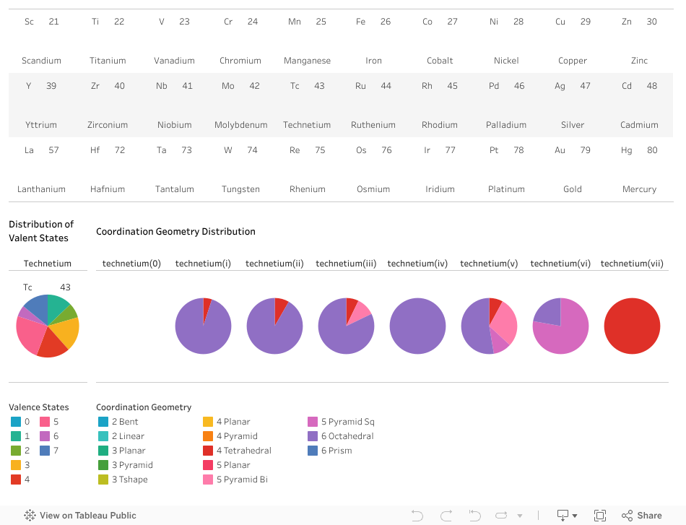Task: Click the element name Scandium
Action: [x=41, y=61]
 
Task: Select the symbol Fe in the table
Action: [x=360, y=22]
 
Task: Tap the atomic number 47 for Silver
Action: [x=585, y=86]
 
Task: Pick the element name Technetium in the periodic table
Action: [x=307, y=125]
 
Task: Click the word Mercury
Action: [x=639, y=189]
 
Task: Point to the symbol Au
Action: [x=560, y=150]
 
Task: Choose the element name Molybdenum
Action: [x=240, y=125]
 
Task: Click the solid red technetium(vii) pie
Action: [x=632, y=326]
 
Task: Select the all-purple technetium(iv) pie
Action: [x=417, y=326]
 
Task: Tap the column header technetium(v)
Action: [x=489, y=264]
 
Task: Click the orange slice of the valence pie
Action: [x=67, y=331]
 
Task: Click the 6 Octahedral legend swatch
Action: [x=313, y=436]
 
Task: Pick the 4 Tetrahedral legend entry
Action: [x=243, y=451]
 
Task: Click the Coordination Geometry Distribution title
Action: [x=175, y=232]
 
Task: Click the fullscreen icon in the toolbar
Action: [x=599, y=515]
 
